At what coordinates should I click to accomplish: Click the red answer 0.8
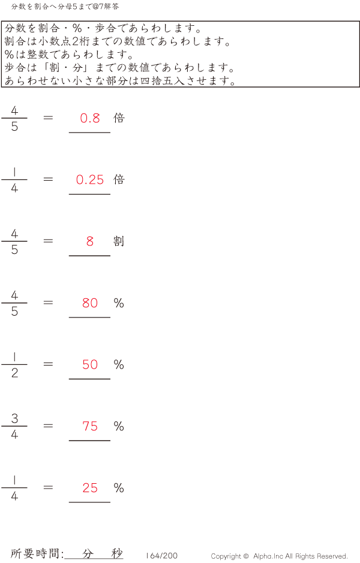point(90,118)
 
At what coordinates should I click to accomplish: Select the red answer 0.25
point(90,179)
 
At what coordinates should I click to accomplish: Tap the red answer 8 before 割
point(90,241)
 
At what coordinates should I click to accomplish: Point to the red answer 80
point(90,303)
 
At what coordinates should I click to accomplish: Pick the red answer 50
point(90,364)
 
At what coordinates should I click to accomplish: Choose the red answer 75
point(90,426)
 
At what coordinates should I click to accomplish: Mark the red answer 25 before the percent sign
point(90,488)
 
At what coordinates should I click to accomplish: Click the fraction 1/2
point(14,365)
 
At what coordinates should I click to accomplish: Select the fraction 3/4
point(14,426)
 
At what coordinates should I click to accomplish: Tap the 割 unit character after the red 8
point(119,241)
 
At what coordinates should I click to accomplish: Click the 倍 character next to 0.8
point(119,118)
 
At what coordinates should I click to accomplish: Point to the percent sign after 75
point(119,426)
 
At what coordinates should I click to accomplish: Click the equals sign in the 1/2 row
point(48,364)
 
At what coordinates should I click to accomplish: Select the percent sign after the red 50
point(119,364)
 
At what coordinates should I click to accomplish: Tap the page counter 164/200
point(161,555)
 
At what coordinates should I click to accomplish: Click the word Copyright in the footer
point(226,556)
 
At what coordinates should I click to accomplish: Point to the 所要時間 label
point(35,553)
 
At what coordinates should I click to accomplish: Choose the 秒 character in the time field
point(117,553)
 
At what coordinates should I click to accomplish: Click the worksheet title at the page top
point(65,7)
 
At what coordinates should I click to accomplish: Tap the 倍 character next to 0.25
point(119,179)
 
